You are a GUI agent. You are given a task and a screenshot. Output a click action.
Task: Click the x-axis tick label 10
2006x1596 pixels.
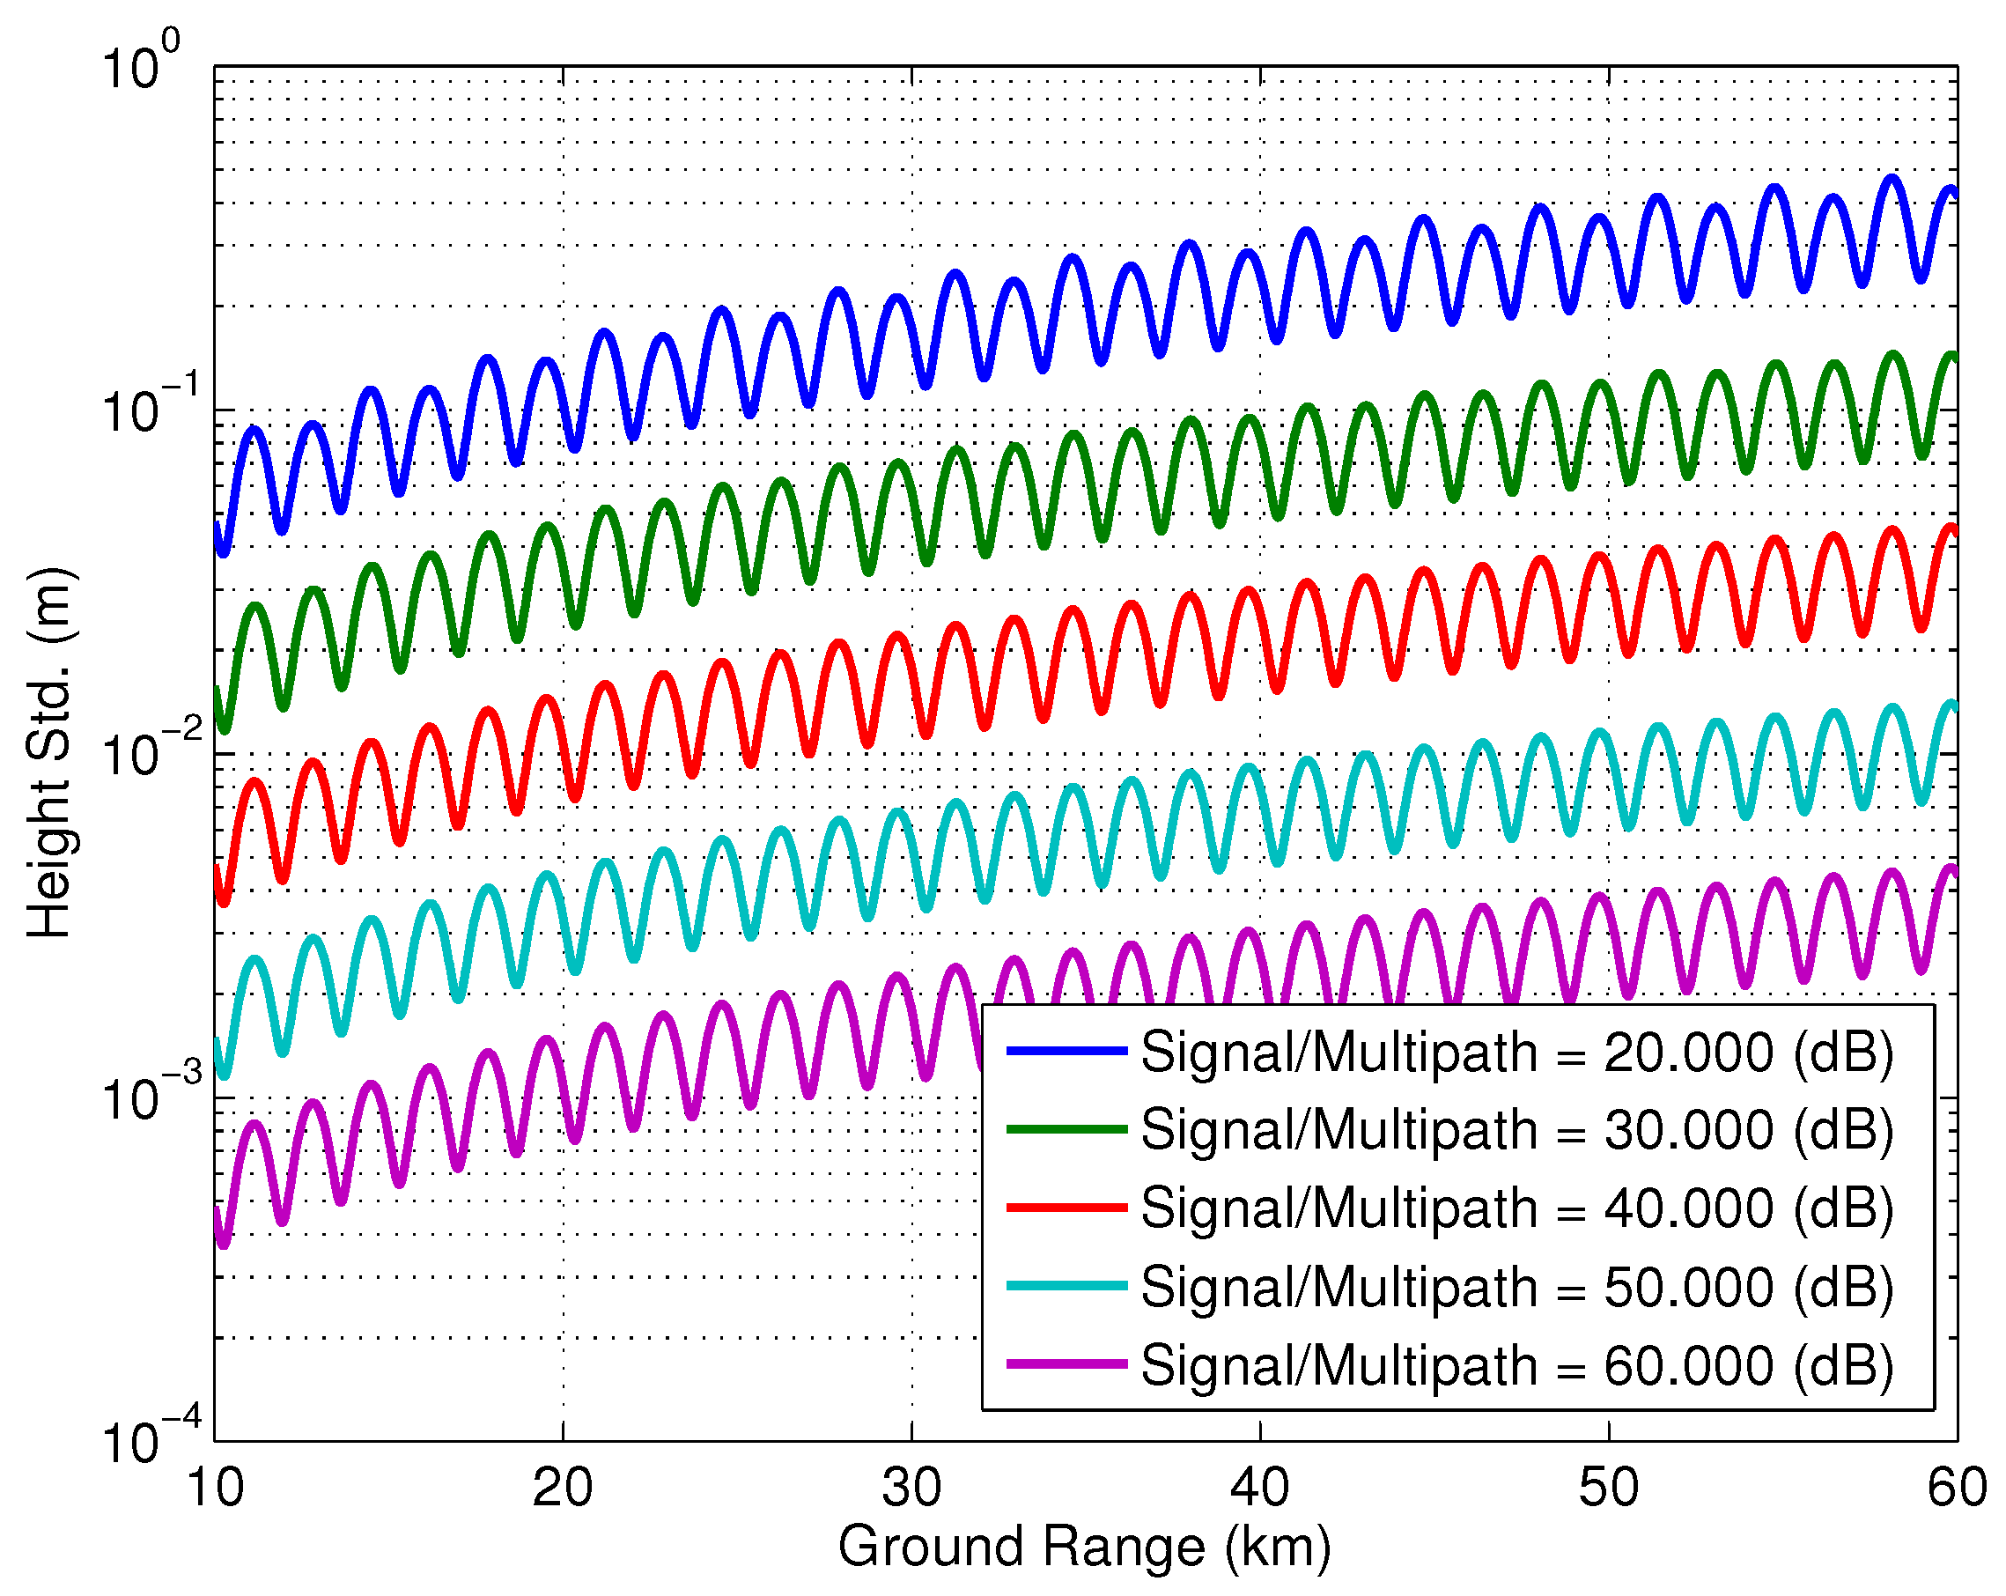point(215,1488)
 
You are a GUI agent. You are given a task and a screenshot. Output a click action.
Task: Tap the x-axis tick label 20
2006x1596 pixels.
point(563,1488)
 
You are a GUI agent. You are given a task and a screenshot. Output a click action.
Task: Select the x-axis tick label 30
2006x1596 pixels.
point(911,1488)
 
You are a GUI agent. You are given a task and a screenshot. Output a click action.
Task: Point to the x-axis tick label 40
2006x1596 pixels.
point(1260,1488)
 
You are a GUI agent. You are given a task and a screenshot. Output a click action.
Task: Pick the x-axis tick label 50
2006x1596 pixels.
point(1609,1488)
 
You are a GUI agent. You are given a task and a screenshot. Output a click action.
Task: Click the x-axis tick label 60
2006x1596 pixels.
point(1957,1488)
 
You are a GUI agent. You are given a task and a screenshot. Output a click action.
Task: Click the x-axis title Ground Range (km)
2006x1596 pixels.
point(1085,1548)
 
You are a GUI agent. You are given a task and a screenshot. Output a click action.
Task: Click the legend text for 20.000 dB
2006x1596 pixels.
point(1517,1053)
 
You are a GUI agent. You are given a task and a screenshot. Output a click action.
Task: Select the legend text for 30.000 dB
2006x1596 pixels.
point(1517,1130)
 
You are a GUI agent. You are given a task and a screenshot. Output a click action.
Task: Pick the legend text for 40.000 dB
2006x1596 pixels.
point(1517,1208)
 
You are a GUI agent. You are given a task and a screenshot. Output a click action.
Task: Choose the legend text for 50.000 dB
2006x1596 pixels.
point(1517,1287)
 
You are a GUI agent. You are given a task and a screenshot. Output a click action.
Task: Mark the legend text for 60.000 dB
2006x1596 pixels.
point(1517,1365)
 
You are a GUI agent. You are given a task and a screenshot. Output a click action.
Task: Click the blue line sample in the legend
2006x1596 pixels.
point(1067,1051)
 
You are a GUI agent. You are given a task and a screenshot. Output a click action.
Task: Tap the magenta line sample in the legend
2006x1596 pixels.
point(1067,1364)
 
